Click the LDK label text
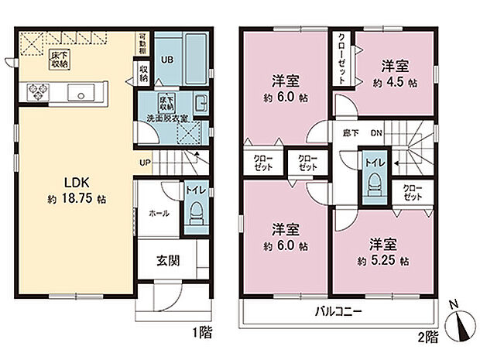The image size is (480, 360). coord(74,183)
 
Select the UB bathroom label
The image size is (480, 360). coord(166,59)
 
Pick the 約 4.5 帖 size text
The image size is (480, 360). coord(396,80)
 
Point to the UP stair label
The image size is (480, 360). coord(144,162)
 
